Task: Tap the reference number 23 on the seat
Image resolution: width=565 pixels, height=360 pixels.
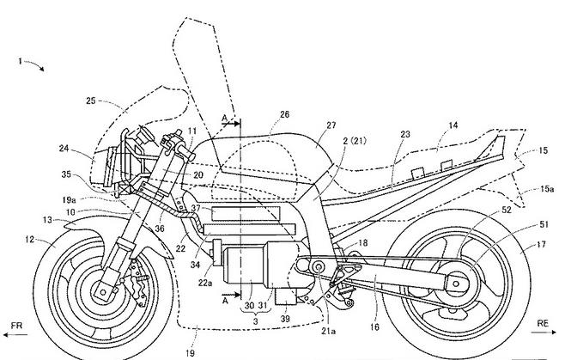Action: pos(404,134)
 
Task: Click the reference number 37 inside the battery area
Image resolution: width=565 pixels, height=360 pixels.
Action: pos(196,207)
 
